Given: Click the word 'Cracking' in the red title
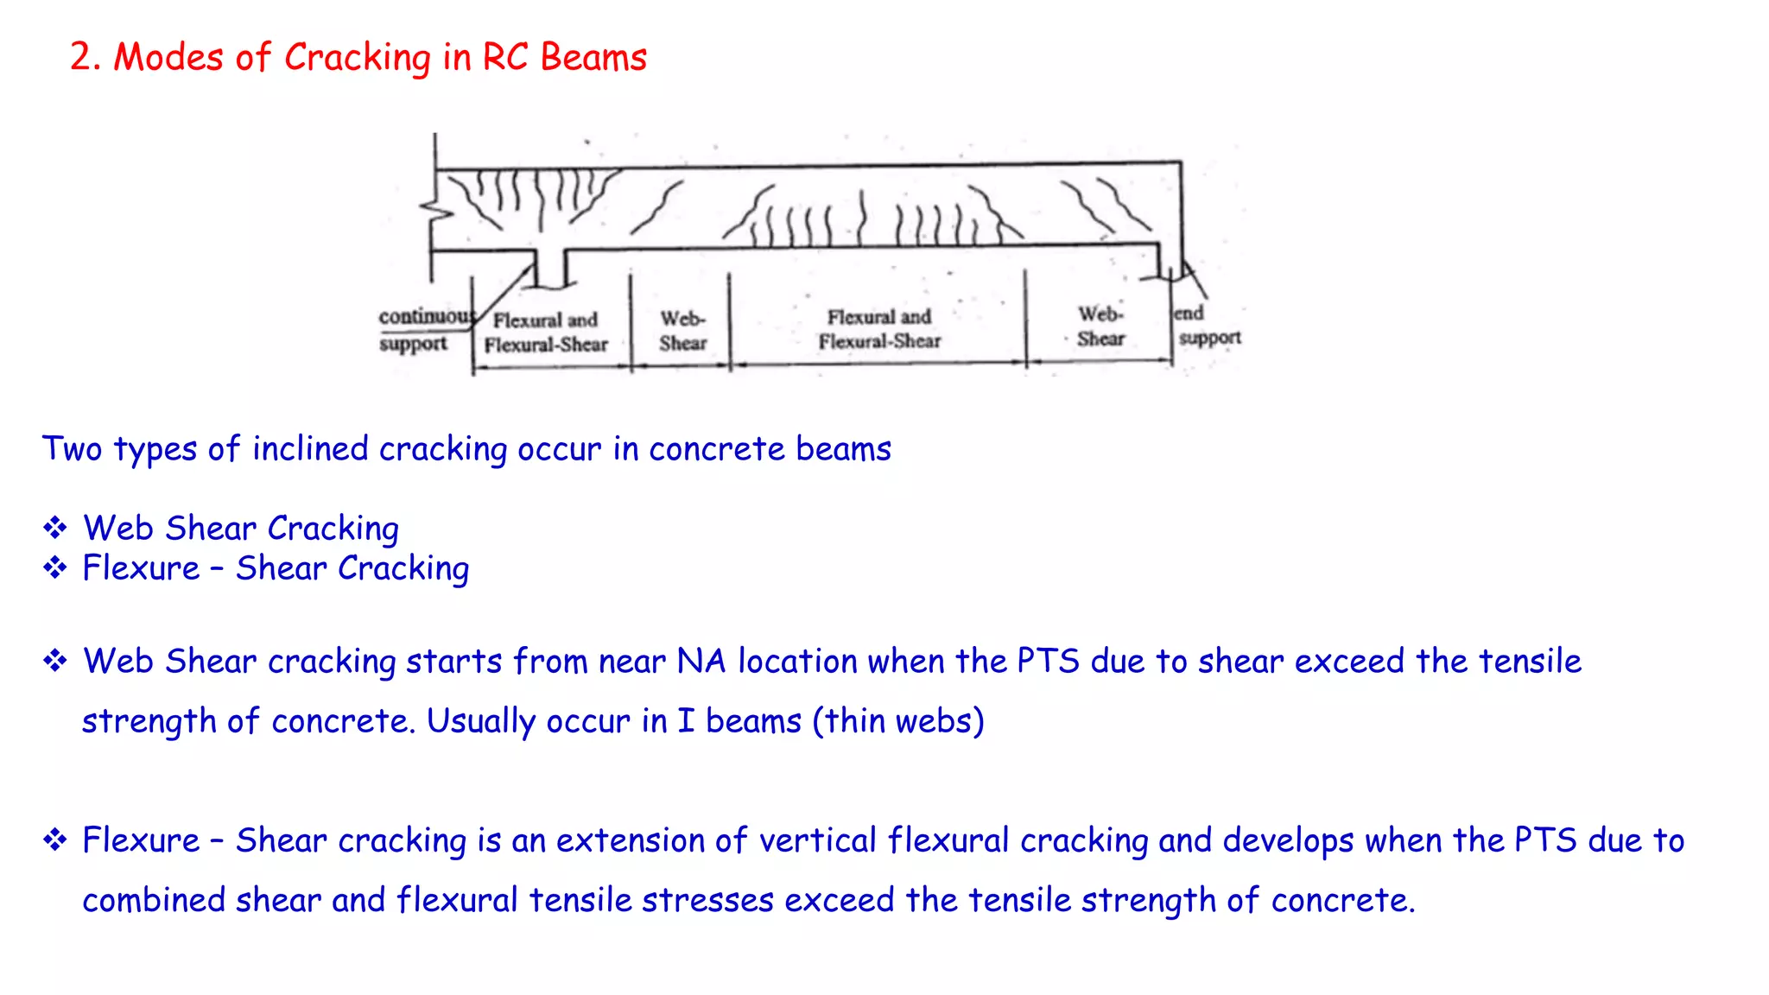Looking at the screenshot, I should (x=358, y=59).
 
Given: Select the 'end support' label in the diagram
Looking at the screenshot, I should (x=1208, y=326).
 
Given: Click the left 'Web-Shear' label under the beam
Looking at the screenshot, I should (x=682, y=332).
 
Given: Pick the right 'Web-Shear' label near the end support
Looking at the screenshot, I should (x=1100, y=326).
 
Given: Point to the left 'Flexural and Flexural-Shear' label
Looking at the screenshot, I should (x=546, y=333).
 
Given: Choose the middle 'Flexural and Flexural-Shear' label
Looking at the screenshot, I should (x=879, y=329).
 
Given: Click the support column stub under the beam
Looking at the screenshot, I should (x=550, y=268).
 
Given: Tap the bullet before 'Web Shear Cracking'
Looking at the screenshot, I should (x=55, y=528).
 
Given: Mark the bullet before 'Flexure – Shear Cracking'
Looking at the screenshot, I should (x=55, y=568).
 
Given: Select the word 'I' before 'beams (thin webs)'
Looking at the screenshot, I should (x=686, y=721).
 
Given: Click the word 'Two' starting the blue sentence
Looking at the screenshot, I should (x=73, y=449).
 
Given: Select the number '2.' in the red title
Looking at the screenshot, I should (x=86, y=58).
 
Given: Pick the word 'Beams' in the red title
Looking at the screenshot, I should (x=593, y=58).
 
